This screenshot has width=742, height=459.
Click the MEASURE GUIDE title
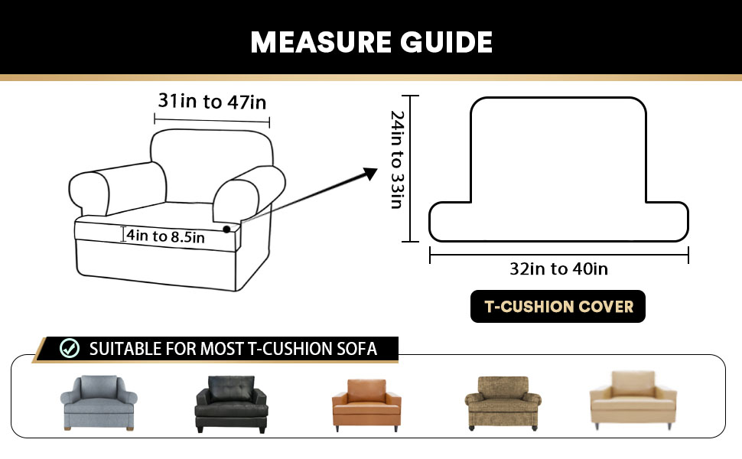click(371, 41)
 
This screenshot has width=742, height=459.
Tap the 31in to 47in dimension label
click(212, 101)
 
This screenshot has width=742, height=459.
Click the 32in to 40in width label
click(558, 269)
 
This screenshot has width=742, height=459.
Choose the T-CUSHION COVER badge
click(558, 307)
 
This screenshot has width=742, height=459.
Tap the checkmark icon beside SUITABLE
click(70, 349)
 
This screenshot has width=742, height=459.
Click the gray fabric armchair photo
click(98, 402)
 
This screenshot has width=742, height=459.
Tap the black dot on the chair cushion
click(227, 229)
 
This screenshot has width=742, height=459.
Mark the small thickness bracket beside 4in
click(124, 234)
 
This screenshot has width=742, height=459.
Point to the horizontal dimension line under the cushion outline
click(558, 256)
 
